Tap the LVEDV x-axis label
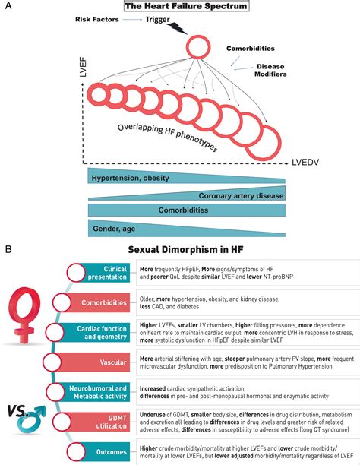coord(308,163)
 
